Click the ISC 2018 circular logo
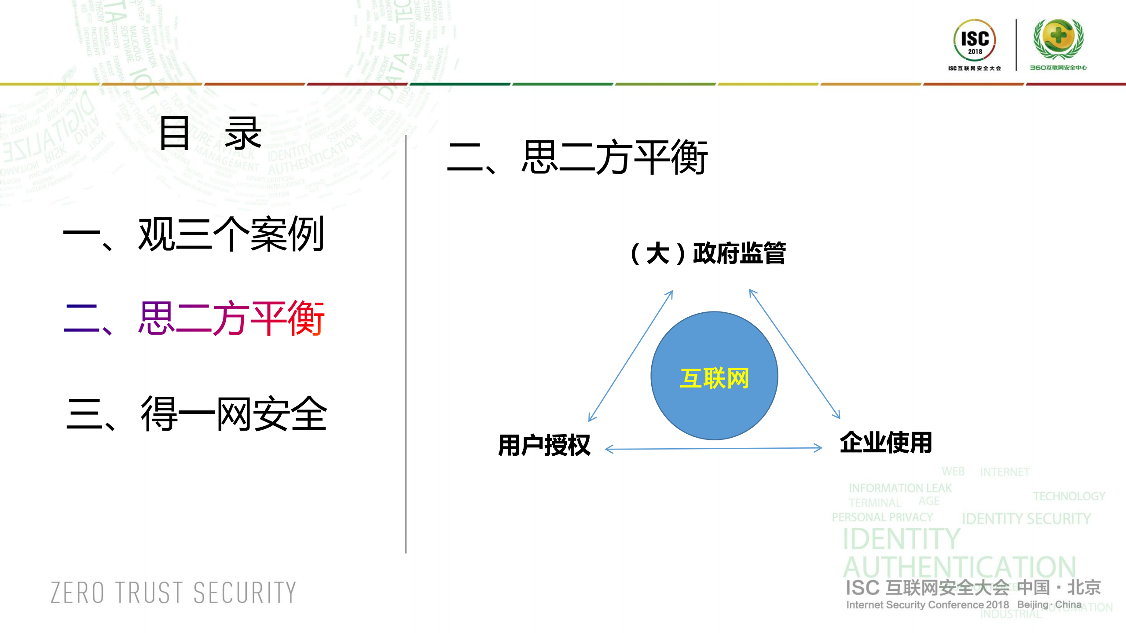(x=974, y=40)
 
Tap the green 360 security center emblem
(x=1058, y=39)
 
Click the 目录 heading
(x=210, y=133)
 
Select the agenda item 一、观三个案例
(x=194, y=234)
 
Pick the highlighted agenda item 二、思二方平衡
(x=194, y=318)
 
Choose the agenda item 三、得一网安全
(x=196, y=413)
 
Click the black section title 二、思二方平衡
(x=577, y=157)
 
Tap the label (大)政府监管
(x=708, y=253)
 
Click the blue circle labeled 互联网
(x=714, y=376)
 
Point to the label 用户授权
(x=544, y=445)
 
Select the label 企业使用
(x=886, y=442)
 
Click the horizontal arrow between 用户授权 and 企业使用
(x=713, y=448)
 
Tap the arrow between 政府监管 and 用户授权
(x=631, y=355)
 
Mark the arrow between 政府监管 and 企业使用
(x=795, y=354)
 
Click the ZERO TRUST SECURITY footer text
(x=173, y=593)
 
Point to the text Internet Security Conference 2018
(x=927, y=605)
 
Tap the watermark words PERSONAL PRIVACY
(x=882, y=517)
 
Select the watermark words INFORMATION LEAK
(x=900, y=488)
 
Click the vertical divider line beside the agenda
(x=406, y=343)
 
